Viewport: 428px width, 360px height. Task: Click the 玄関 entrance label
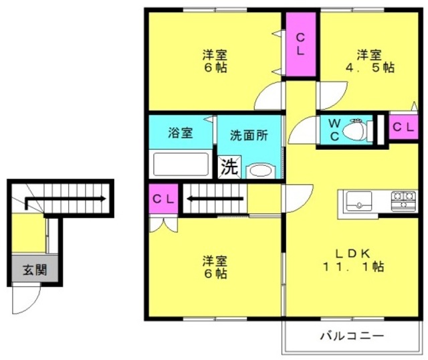(35, 270)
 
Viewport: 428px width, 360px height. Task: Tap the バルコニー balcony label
(352, 335)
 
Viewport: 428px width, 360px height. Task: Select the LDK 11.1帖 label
(353, 260)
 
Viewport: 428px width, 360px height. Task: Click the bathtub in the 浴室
(181, 164)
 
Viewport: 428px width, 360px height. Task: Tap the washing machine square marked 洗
(229, 167)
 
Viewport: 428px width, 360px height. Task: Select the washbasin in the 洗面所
(261, 171)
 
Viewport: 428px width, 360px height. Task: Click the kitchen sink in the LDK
(358, 201)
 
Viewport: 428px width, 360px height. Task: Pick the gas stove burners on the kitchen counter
(403, 201)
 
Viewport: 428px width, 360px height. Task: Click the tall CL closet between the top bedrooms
(301, 45)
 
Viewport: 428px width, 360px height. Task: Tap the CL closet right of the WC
(403, 127)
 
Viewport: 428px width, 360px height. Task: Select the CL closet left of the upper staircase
(163, 199)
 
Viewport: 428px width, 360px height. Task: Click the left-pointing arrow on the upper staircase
(215, 199)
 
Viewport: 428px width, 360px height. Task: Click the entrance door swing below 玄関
(27, 298)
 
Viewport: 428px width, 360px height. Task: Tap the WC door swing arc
(302, 130)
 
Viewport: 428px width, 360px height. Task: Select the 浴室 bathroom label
(181, 133)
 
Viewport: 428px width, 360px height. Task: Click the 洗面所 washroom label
(249, 135)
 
